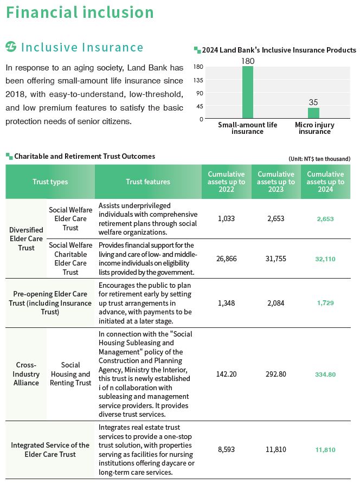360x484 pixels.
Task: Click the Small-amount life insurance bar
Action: (x=248, y=92)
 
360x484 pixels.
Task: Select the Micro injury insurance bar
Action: (x=313, y=113)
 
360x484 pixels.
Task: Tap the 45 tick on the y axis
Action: (x=200, y=106)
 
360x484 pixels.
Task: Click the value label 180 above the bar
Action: (x=248, y=61)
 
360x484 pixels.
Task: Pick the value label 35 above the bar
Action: (x=313, y=102)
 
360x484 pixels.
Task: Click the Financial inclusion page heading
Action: (x=80, y=12)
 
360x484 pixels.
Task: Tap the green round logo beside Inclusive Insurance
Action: (x=11, y=48)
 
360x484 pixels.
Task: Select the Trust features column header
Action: (x=148, y=182)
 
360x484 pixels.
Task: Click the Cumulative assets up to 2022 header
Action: (x=227, y=182)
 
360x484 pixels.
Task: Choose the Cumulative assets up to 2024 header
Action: (x=325, y=182)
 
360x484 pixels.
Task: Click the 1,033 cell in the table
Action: (x=227, y=218)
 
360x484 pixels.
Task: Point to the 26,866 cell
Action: (x=227, y=259)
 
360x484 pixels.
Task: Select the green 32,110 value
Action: (x=325, y=259)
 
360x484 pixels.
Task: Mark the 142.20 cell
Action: (x=227, y=374)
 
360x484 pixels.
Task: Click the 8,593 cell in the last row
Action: (x=227, y=449)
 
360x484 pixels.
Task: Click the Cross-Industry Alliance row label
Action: (x=26, y=374)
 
